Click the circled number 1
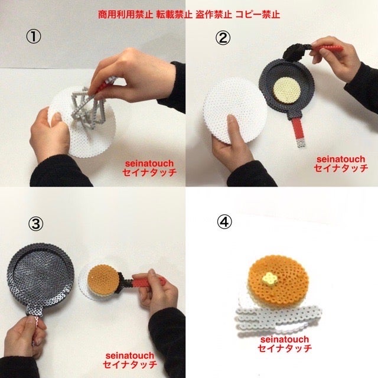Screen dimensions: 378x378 (x=34, y=37)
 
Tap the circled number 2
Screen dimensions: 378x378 (x=223, y=38)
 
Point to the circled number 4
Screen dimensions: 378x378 (x=224, y=222)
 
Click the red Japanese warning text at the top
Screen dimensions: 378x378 (x=189, y=14)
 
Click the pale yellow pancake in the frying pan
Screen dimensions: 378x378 (x=287, y=90)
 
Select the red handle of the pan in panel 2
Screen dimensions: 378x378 (x=299, y=131)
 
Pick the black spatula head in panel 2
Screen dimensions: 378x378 (x=294, y=52)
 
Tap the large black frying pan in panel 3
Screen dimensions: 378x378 (x=41, y=277)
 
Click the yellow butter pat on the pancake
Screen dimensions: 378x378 (x=269, y=278)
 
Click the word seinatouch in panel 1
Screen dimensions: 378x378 (x=149, y=163)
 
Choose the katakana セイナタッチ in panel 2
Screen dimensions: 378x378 (x=341, y=168)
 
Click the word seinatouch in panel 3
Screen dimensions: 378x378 (x=130, y=356)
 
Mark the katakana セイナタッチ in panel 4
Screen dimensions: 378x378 (x=285, y=348)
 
